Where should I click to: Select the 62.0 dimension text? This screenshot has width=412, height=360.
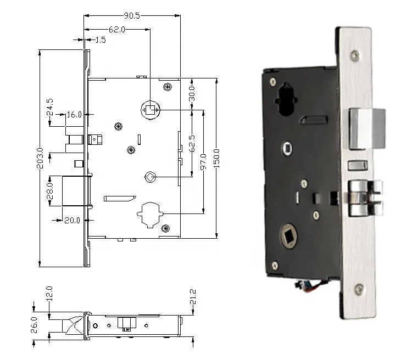coord(116,29)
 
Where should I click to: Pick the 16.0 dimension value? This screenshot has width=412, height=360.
coord(74,115)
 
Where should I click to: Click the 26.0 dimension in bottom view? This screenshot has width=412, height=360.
coord(35,324)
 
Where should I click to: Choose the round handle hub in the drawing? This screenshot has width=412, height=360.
coord(149,110)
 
